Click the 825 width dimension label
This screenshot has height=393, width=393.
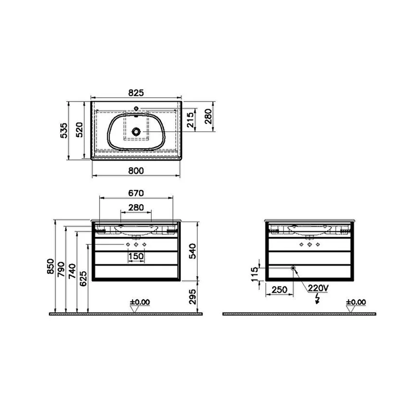pos(136,93)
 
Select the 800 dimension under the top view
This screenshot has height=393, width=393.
pos(136,170)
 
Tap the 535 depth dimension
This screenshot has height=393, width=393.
pos(64,130)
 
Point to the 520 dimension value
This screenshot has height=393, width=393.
pos(79,130)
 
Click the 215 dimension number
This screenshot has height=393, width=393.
pos(191,120)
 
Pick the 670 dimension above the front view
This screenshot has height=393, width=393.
pos(136,193)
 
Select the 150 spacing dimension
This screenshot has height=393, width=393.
pos(136,256)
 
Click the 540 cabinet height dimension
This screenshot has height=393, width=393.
pos(193,251)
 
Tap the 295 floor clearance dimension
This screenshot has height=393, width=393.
pos(193,297)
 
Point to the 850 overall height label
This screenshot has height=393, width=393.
pos(51,266)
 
